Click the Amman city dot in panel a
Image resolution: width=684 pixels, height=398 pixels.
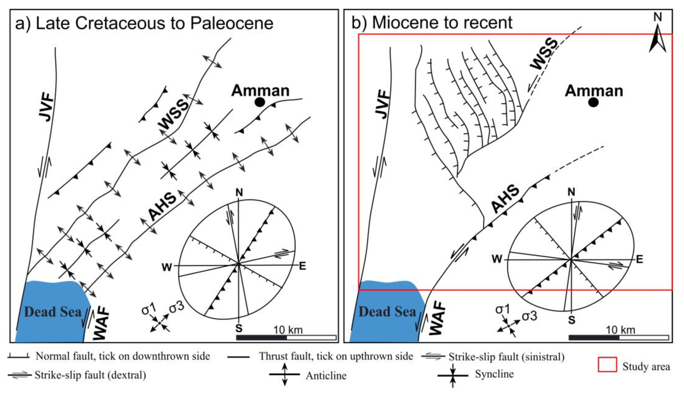[260, 102]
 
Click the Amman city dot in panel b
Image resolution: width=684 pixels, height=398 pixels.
[593, 102]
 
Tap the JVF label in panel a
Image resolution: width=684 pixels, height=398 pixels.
[46, 107]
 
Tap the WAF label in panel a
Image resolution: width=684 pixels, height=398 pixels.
[101, 323]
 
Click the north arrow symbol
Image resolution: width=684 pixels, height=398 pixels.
[657, 38]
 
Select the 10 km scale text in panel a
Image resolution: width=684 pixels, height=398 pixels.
[288, 330]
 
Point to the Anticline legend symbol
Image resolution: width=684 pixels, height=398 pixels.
[285, 374]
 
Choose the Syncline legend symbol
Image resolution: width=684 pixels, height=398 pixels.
[453, 375]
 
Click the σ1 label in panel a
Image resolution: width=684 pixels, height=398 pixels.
[149, 309]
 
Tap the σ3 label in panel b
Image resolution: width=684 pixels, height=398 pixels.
[530, 316]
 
